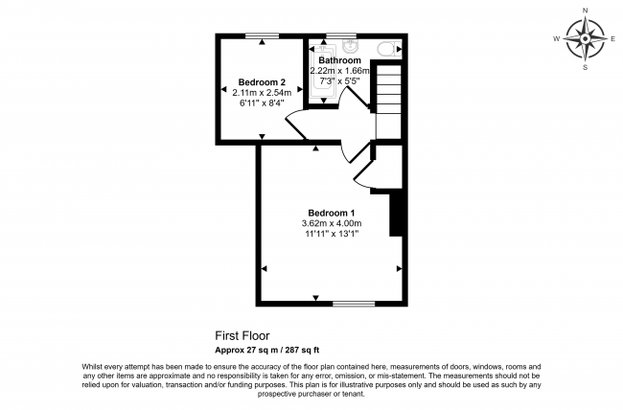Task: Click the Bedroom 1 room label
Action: coord(332,213)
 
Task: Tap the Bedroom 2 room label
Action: coord(262,82)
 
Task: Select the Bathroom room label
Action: coord(339,60)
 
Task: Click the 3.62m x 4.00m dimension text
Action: coord(332,223)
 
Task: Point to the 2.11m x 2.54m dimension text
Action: coord(262,93)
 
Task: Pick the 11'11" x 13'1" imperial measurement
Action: coord(332,234)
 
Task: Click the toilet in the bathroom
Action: coord(386,50)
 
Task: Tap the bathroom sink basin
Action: coord(351,45)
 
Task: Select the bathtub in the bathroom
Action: coord(323,72)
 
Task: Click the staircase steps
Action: coord(388,102)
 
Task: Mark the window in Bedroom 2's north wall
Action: coord(262,36)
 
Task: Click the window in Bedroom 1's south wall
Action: coord(354,304)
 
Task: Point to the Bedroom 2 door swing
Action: coord(297,125)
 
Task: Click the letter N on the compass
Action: coord(585,11)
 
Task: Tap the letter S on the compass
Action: coord(585,67)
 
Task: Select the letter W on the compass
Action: coord(557,38)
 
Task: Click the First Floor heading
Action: coord(242,336)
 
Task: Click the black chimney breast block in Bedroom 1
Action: coord(396,214)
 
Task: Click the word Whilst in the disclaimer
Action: coord(92,367)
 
